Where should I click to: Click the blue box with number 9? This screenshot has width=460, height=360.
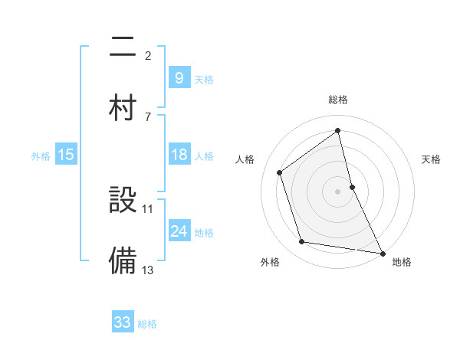[x=179, y=77]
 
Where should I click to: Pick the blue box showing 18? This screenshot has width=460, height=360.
[x=179, y=155]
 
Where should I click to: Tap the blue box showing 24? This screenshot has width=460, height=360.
[x=179, y=231]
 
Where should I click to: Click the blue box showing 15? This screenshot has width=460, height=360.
[x=66, y=155]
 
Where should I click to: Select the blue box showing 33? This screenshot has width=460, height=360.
[x=123, y=322]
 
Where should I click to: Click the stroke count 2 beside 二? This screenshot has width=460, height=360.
[x=148, y=55]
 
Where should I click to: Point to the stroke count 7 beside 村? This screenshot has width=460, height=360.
[x=148, y=116]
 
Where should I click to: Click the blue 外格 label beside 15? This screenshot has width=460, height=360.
[x=41, y=155]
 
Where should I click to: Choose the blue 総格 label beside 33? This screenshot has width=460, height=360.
[x=147, y=323]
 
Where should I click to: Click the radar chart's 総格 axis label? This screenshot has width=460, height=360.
[x=338, y=100]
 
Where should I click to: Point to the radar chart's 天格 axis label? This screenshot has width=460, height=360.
[x=432, y=159]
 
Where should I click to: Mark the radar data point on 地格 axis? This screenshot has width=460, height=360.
[x=382, y=252]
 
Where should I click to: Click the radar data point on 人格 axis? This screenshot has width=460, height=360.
[x=280, y=172]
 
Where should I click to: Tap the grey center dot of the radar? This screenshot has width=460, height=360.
[x=338, y=191]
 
